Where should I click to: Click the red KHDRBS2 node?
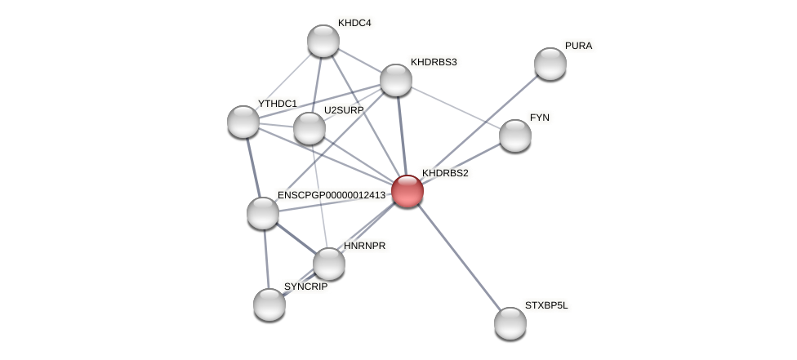(x=407, y=190)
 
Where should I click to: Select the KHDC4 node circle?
(x=323, y=41)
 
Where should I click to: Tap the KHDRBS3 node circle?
(x=396, y=79)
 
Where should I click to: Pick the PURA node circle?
(x=550, y=64)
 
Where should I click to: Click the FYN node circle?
(x=515, y=136)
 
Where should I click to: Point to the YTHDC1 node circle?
(x=243, y=121)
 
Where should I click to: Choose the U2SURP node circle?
(x=309, y=127)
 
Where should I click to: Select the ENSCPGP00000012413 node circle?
(x=263, y=213)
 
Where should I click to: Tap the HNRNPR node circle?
(x=329, y=263)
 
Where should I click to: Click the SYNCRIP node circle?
(x=269, y=304)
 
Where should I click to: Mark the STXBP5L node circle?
(x=510, y=323)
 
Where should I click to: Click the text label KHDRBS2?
(x=445, y=173)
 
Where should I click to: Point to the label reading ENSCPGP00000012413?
(x=331, y=195)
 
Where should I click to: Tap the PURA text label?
(x=578, y=46)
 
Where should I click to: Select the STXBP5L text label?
(x=545, y=305)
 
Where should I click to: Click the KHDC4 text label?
(x=354, y=23)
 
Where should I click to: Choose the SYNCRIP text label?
(x=305, y=287)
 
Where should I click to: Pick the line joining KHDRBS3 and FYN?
(x=456, y=108)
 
